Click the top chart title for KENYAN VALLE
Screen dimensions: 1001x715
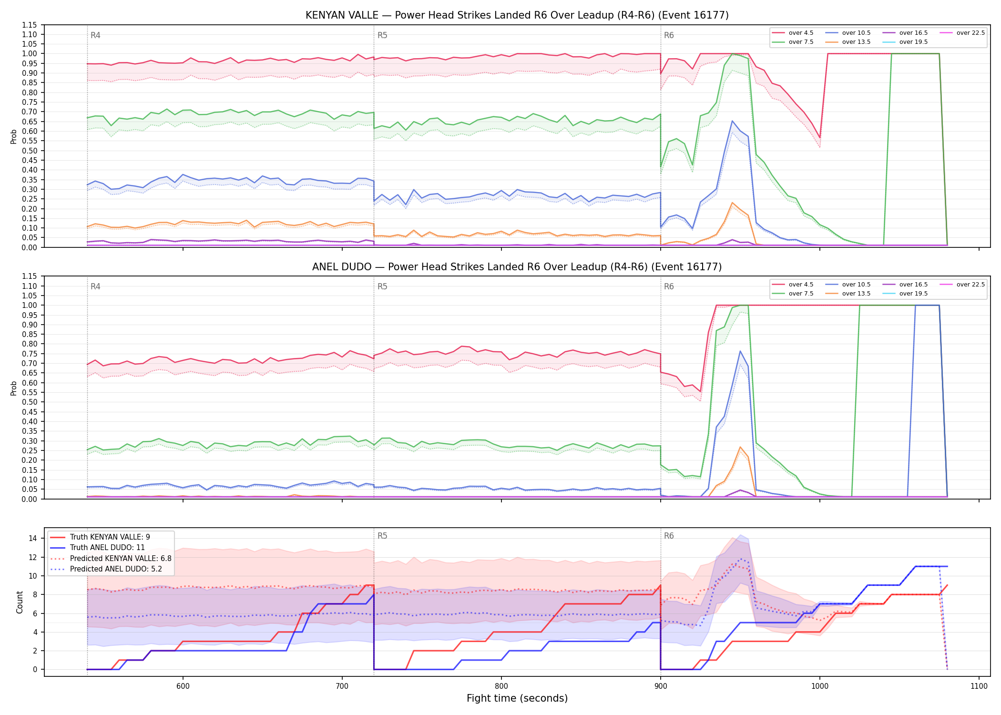(517, 15)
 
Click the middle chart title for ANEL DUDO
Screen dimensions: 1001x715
(517, 267)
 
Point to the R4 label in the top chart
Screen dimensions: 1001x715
(95, 35)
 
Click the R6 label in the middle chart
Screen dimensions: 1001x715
(669, 286)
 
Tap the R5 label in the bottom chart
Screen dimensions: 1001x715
(382, 536)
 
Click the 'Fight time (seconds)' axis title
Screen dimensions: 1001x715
(517, 698)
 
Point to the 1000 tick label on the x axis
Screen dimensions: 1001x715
(820, 686)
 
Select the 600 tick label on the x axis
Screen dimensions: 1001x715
(183, 686)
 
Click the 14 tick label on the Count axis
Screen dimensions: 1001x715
(33, 538)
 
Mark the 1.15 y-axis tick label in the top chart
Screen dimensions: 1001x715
(30, 25)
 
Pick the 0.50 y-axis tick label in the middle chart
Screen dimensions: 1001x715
(30, 402)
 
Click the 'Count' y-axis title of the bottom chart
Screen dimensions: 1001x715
(20, 602)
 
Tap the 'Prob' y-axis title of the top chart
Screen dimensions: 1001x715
(14, 136)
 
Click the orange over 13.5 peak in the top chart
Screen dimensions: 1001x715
(732, 203)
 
